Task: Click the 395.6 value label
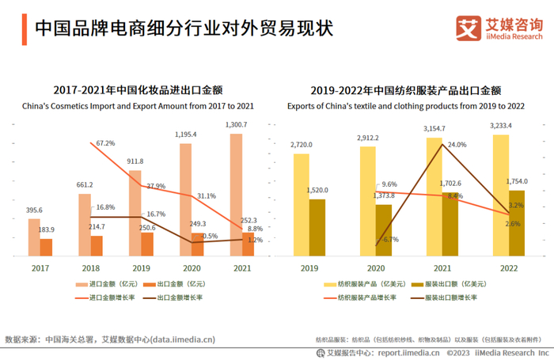point(35,210)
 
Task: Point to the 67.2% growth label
point(106,143)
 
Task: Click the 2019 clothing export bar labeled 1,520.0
point(317,227)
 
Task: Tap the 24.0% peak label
point(457,145)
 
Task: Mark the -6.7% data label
point(389,239)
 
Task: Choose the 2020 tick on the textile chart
point(377,269)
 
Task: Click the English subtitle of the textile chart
point(406,104)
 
